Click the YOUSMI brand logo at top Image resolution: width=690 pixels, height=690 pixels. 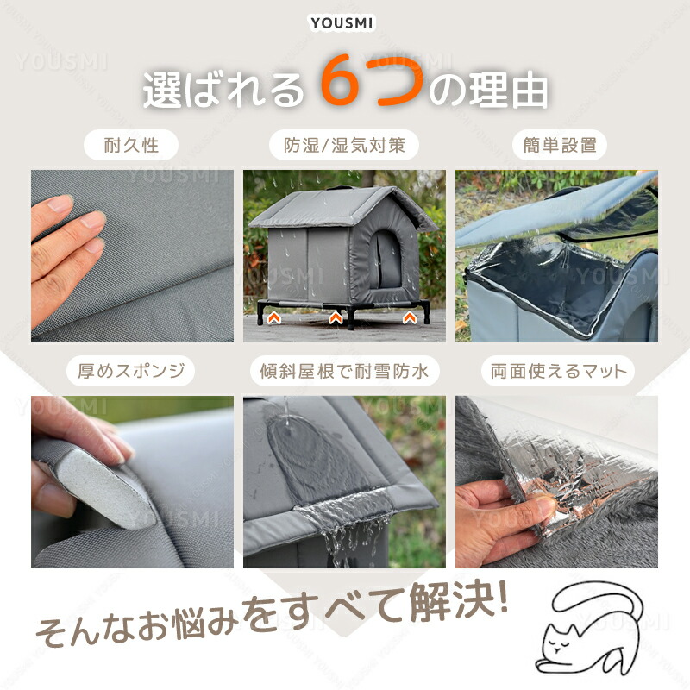(342, 23)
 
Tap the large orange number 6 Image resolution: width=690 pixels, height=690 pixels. (342, 80)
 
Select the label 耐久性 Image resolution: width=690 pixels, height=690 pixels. (131, 145)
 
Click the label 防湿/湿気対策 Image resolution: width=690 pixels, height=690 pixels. (343, 145)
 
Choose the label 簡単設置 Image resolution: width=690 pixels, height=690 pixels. (560, 145)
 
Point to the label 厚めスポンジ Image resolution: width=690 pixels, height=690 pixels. (131, 371)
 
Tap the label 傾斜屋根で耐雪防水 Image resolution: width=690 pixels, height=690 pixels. (344, 371)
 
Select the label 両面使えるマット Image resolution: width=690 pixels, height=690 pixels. (558, 371)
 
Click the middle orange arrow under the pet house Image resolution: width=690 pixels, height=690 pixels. (336, 317)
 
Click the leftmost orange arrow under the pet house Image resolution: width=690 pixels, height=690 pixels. (274, 317)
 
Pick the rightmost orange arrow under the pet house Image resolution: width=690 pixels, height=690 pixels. (410, 317)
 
